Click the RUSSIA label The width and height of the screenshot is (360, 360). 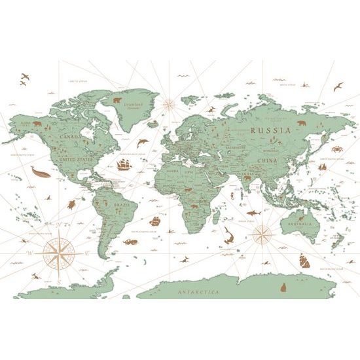pos(270,130)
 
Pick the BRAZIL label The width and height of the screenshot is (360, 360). pos(123,205)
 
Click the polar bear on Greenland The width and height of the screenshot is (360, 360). pos(118,101)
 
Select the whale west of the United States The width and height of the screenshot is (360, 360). pos(39,171)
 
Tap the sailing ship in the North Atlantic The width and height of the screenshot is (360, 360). pos(124,164)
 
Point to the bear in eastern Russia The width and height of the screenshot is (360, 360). pos(302,123)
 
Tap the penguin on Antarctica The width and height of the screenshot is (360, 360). pos(284,287)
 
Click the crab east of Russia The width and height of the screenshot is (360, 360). pos(336,150)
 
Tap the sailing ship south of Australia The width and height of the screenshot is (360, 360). pos(304,261)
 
